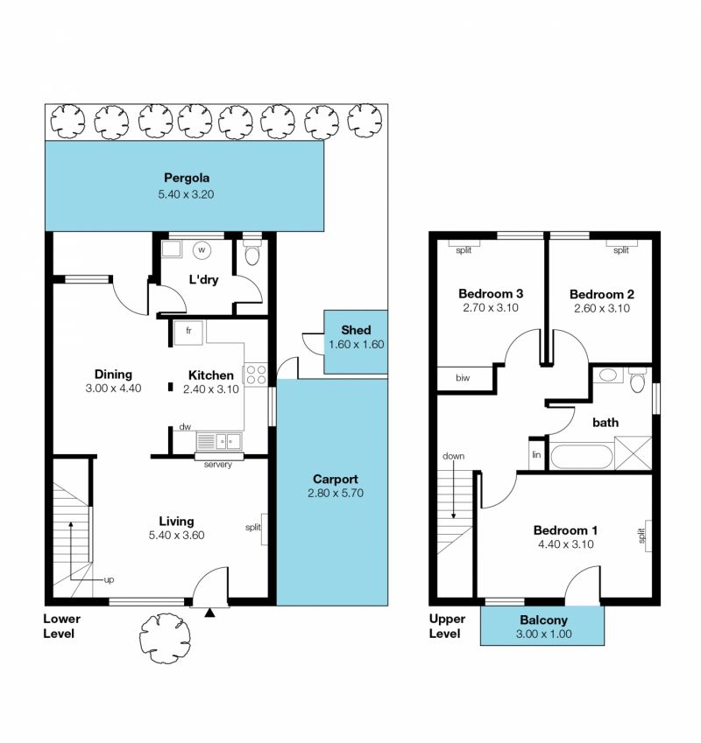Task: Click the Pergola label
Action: (x=187, y=179)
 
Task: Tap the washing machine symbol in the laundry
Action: (x=202, y=249)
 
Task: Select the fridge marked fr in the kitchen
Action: (x=188, y=333)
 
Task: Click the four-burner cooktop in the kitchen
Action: (x=256, y=374)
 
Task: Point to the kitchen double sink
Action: (x=219, y=441)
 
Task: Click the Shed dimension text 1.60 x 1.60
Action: (x=356, y=345)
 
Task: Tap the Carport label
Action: (x=336, y=479)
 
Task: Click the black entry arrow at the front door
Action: (x=209, y=613)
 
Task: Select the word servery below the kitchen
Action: (x=218, y=465)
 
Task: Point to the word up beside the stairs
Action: (x=109, y=580)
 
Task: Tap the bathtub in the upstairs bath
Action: (x=582, y=456)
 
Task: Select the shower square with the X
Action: (x=634, y=453)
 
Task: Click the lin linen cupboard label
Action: (x=536, y=455)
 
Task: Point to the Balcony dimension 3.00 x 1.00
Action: (x=543, y=634)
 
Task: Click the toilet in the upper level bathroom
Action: (x=637, y=382)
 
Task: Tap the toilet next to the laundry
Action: (x=251, y=253)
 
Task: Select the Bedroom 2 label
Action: (x=602, y=294)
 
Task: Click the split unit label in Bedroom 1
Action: (x=642, y=536)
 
